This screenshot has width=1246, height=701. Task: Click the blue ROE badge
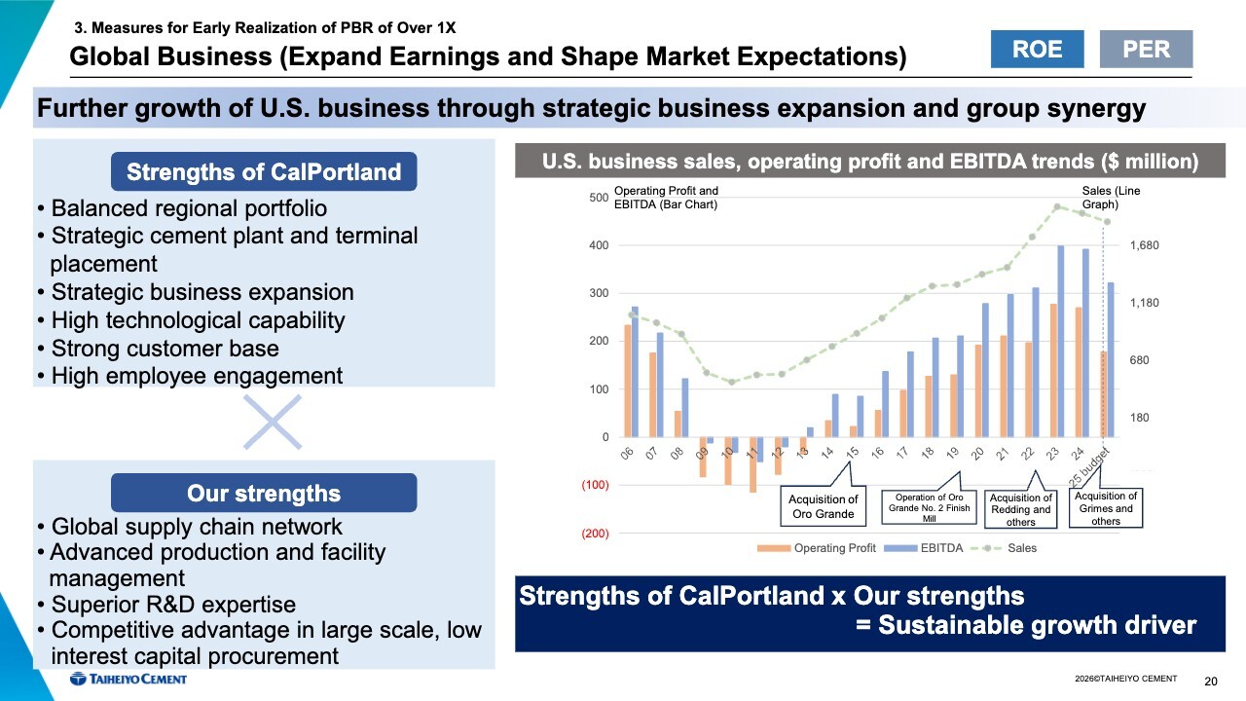point(1037,49)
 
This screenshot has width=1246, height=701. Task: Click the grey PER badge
point(1146,49)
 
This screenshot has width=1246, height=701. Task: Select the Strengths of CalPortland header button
point(264,172)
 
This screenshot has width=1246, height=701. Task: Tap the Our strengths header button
point(264,493)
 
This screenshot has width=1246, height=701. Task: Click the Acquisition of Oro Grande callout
point(823,506)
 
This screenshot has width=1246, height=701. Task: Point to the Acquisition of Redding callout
point(1020,508)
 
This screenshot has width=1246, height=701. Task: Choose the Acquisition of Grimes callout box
point(1105,507)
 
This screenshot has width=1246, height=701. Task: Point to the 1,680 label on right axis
point(1145,246)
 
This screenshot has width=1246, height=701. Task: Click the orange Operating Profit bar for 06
point(628,381)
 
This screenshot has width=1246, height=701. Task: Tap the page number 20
point(1211,681)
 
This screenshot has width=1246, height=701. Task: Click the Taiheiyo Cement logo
point(128,679)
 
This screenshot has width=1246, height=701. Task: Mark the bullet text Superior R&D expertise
point(172,605)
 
